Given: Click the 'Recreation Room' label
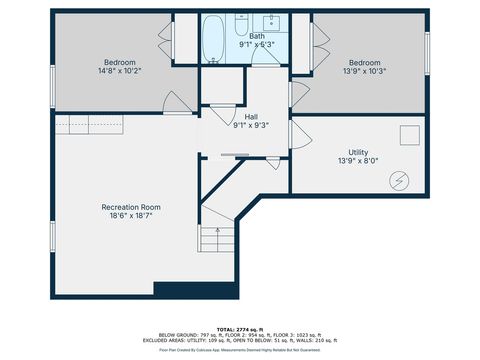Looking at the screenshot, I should coord(130,207).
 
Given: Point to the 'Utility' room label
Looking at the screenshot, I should coord(358,152).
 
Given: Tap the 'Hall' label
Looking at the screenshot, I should coord(252,117).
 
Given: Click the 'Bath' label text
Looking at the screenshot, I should coord(257,36).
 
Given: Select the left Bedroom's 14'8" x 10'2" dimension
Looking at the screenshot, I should coord(120,70).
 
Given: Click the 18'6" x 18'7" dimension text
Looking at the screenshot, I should coord(130,216).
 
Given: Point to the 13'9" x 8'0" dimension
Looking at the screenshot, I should coord(358,161).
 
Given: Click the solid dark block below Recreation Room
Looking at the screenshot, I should coord(197,291).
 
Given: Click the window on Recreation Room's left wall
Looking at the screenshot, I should coord(51,236).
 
